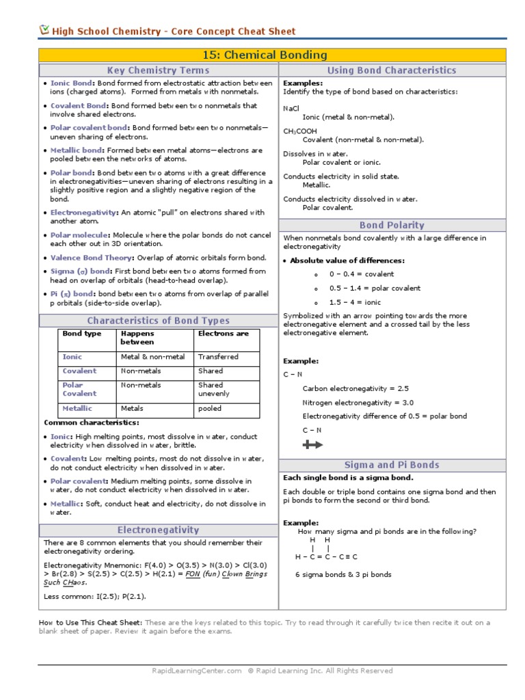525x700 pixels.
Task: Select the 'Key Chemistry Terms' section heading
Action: pos(158,70)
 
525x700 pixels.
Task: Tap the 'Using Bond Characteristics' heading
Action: pos(392,70)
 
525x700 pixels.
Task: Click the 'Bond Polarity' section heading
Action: pos(392,225)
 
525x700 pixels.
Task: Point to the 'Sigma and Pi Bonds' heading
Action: pos(392,465)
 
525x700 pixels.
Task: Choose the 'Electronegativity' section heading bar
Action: pos(158,530)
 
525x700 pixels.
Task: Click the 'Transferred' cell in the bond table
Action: pos(218,357)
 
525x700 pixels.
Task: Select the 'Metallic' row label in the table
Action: pos(77,409)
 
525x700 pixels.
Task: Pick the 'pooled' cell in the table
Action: pos(210,409)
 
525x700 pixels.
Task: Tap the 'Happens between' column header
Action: pos(137,338)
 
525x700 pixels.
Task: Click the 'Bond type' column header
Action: pos(81,334)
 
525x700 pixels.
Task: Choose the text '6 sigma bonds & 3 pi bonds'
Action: pos(343,575)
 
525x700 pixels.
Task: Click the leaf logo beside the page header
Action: pos(44,30)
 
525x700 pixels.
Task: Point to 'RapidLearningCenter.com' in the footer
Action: pos(197,671)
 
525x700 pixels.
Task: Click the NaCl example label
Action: pos(291,108)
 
